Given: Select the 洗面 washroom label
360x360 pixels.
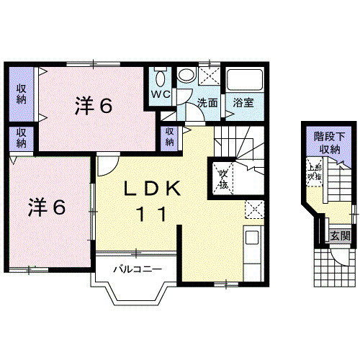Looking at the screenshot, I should [208, 102].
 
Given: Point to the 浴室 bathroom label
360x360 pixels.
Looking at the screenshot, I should [243, 102].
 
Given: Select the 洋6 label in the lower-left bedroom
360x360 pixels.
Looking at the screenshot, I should [47, 207].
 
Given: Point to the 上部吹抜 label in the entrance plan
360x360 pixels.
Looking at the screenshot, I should [314, 171].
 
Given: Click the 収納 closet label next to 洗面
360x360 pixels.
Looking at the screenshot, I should [169, 137].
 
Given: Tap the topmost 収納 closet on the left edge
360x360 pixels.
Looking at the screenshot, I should [22, 94].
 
